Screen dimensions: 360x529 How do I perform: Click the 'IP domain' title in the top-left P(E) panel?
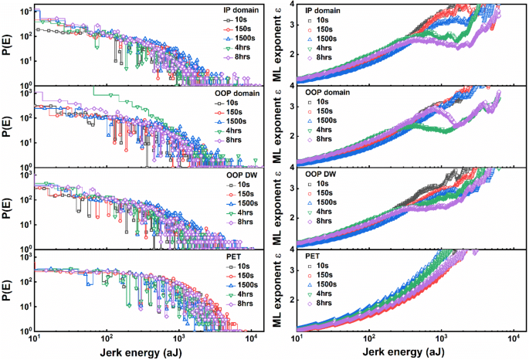pyautogui.click(x=234, y=8)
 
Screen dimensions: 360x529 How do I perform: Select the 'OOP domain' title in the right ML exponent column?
pyautogui.click(x=328, y=92)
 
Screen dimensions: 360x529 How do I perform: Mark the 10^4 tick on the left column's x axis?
pyautogui.click(x=251, y=338)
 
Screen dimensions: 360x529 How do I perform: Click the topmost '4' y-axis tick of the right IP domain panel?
pyautogui.click(x=290, y=5)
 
